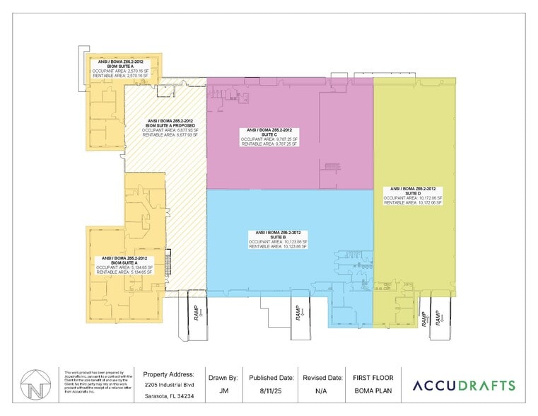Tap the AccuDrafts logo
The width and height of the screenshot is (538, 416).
[463, 386]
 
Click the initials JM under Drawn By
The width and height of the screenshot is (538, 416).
[223, 389]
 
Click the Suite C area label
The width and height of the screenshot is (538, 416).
[269, 136]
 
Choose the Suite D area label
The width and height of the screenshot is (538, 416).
[413, 195]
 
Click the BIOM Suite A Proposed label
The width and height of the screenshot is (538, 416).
[163, 127]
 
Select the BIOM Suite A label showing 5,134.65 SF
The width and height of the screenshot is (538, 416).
[124, 264]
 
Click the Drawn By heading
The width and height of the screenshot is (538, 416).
[223, 377]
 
